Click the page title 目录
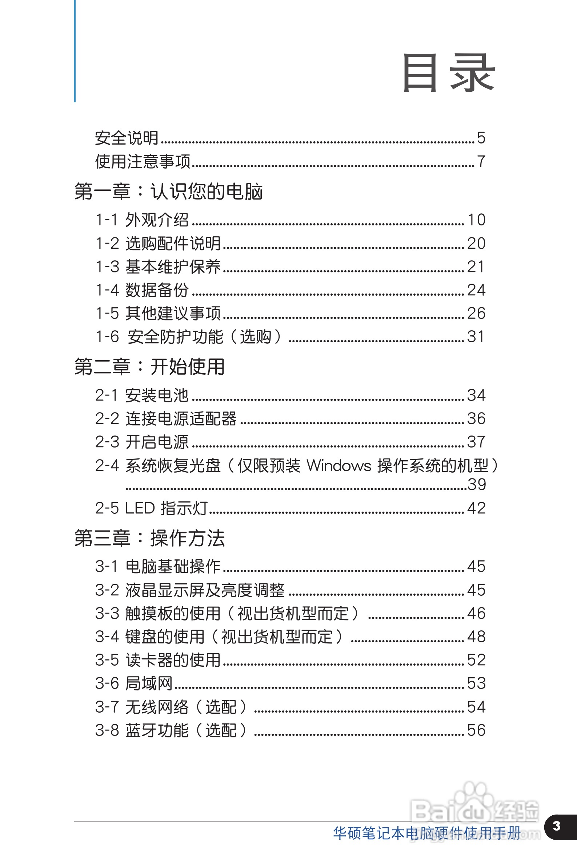click(x=449, y=72)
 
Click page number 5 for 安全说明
click(x=481, y=138)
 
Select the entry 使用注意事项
click(x=143, y=161)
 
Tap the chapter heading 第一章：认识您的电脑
click(x=168, y=192)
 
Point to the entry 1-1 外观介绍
click(x=143, y=220)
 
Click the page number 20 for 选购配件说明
click(x=476, y=244)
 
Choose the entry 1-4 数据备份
click(x=143, y=290)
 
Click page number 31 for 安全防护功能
click(x=476, y=337)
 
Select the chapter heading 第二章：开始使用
click(x=149, y=367)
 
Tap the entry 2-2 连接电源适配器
click(x=166, y=419)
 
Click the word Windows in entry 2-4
click(x=339, y=466)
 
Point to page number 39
click(x=477, y=485)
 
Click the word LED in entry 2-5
click(x=140, y=508)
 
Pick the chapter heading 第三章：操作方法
click(x=149, y=538)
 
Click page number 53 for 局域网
click(x=476, y=683)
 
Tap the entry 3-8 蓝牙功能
click(x=171, y=730)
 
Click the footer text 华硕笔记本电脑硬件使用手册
click(x=426, y=833)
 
